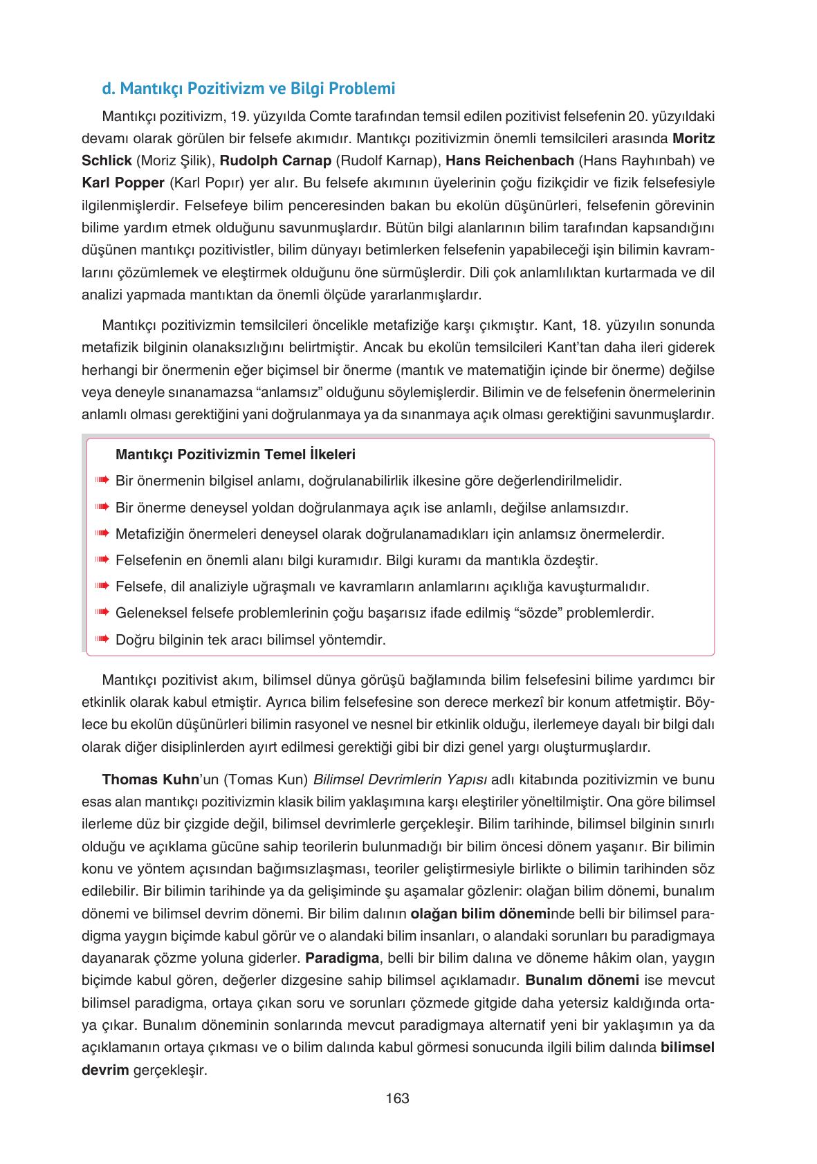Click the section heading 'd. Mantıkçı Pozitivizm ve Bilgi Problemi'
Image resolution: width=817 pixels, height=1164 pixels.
[x=248, y=89]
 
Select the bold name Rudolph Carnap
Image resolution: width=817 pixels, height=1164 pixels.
[x=275, y=160]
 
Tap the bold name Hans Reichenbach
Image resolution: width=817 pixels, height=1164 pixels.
[x=510, y=160]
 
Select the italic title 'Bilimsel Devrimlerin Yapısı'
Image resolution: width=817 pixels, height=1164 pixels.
[x=400, y=779]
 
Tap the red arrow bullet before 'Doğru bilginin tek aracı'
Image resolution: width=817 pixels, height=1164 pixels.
[x=102, y=639]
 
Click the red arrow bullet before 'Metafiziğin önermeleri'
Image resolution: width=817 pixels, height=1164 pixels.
[x=102, y=534]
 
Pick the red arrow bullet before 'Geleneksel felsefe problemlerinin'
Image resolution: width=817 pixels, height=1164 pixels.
[x=102, y=613]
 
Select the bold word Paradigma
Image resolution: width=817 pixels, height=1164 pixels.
[x=342, y=959]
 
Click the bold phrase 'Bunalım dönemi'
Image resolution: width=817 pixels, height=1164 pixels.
[x=581, y=981]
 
